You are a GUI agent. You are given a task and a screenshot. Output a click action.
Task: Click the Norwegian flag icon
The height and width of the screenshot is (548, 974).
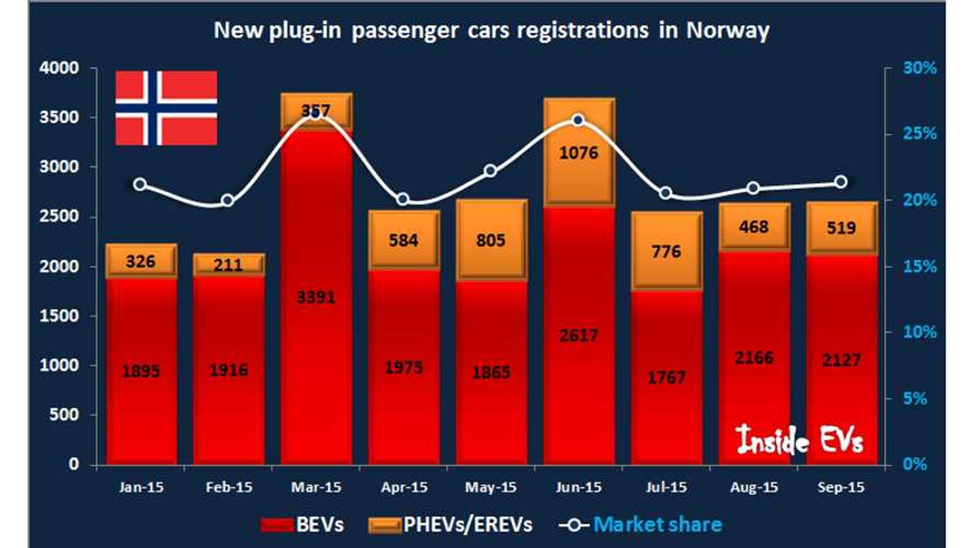166,108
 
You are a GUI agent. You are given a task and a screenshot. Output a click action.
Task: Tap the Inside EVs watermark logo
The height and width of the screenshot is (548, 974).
799,439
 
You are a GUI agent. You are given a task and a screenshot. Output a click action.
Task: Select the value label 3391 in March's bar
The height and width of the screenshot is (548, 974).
316,297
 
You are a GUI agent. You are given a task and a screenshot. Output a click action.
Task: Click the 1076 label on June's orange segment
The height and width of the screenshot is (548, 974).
578,153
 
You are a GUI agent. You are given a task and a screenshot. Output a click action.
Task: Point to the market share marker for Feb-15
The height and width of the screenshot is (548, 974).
227,200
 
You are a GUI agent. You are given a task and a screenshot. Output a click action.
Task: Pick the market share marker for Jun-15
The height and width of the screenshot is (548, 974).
578,120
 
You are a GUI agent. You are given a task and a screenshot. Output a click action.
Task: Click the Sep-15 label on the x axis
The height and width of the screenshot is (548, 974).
841,488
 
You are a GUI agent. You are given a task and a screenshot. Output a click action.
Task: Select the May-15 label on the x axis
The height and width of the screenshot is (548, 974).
491,488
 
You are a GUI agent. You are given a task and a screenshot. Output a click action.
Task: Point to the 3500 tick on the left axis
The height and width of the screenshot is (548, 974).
59,117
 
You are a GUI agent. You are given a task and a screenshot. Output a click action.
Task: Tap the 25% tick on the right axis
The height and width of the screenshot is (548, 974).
919,134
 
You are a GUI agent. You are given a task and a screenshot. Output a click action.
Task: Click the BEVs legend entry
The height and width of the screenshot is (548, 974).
302,525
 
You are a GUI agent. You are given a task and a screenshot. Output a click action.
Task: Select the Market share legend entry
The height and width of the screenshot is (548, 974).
640,525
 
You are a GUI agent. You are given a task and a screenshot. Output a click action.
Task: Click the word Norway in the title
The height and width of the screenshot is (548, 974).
727,30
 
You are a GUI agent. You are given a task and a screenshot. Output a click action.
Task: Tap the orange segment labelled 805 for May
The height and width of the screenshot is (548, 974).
491,240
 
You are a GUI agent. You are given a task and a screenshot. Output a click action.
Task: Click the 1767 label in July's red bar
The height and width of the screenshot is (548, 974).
666,378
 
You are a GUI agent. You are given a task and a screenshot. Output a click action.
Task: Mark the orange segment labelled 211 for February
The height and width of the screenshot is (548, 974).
228,264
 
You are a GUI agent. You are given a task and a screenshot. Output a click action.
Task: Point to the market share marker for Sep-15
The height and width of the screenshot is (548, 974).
841,182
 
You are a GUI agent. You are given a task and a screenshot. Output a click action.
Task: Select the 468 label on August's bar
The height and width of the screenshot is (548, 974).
753,227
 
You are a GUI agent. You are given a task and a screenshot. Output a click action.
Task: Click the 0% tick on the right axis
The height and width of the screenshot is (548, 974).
915,464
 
